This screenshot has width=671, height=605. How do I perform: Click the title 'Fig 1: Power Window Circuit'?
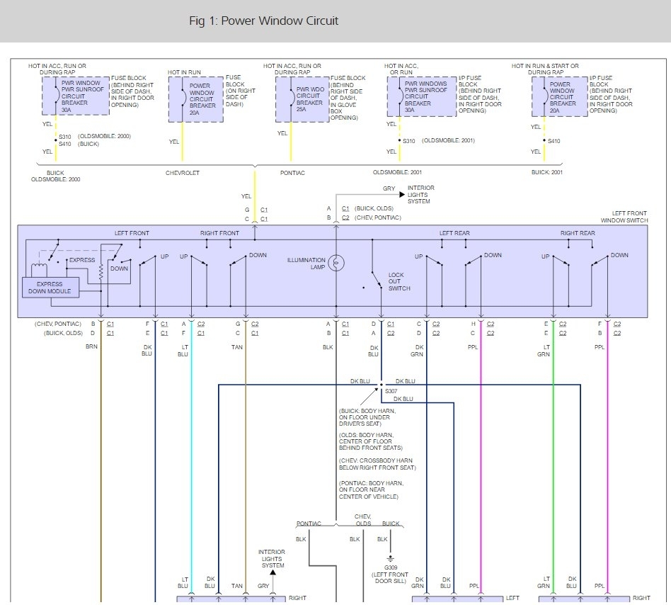tap(263, 21)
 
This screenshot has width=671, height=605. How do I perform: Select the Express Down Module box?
tap(50, 288)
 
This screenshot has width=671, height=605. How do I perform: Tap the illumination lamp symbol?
tap(337, 263)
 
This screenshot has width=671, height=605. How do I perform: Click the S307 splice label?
tap(390, 390)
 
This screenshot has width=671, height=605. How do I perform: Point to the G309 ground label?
tap(390, 567)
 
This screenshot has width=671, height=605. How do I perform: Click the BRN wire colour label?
tap(91, 346)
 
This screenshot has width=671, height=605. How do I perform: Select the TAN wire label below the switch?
tap(237, 346)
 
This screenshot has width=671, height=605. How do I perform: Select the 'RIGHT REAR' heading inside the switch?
tap(578, 233)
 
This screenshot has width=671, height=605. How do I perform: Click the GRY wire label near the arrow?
tap(389, 189)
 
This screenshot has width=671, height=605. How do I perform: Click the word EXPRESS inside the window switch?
tap(81, 260)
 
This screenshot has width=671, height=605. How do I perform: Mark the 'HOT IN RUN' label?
tap(185, 72)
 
